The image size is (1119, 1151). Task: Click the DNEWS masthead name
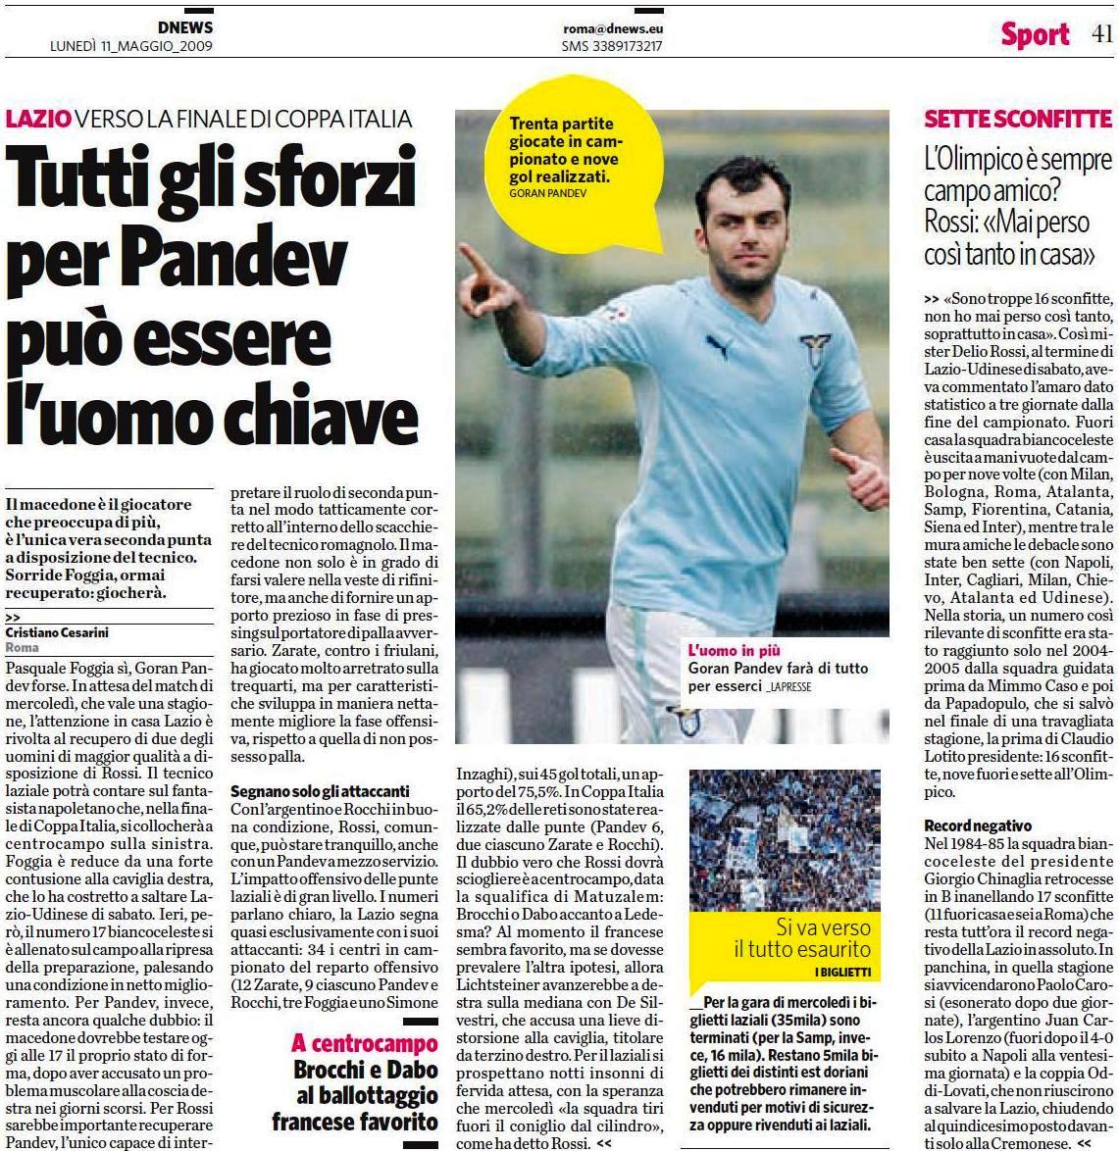pyautogui.click(x=184, y=27)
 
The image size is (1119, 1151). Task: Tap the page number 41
pyautogui.click(x=1101, y=34)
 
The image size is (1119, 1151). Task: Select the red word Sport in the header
pyautogui.click(x=1035, y=35)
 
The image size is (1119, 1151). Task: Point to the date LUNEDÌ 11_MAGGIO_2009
pyautogui.click(x=131, y=46)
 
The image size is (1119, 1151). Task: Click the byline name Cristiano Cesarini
pyautogui.click(x=60, y=633)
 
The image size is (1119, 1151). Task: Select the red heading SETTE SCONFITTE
pyautogui.click(x=1017, y=120)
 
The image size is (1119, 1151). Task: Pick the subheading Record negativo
pyautogui.click(x=978, y=826)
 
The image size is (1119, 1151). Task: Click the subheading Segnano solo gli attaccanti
pyautogui.click(x=319, y=791)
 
